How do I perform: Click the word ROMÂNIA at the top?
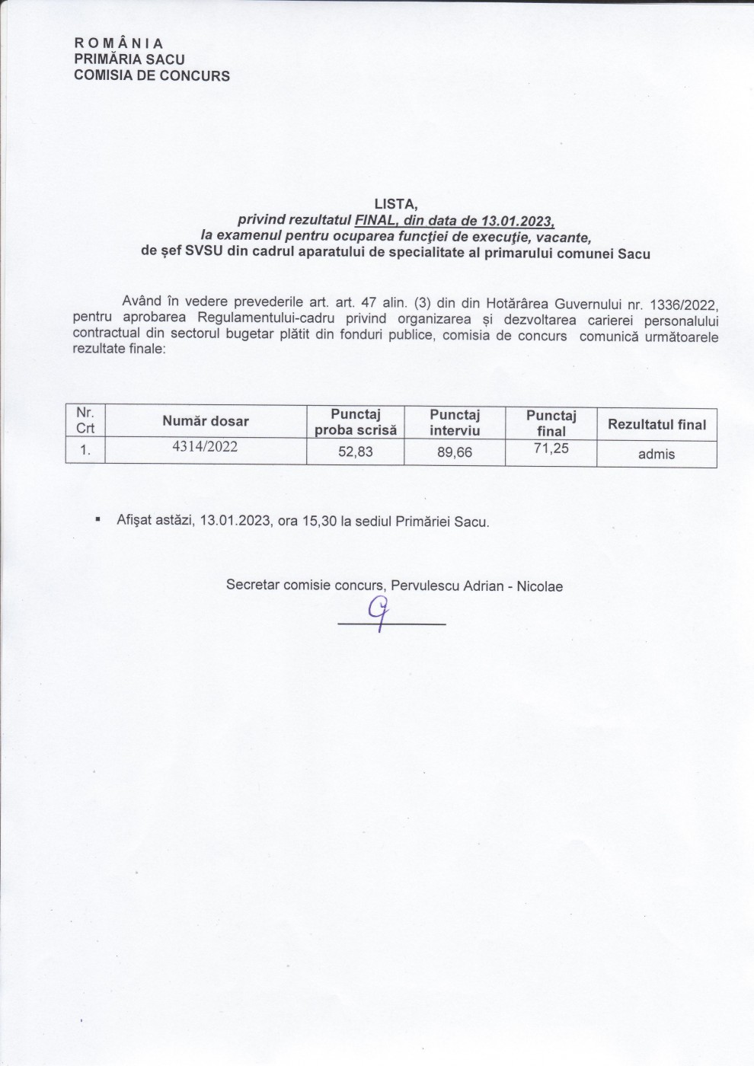pos(119,43)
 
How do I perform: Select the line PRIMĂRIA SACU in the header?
pos(129,59)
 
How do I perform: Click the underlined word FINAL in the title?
pos(372,220)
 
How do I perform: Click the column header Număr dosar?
pos(205,421)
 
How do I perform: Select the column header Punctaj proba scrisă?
pos(356,422)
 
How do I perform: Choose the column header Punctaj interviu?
pos(455,422)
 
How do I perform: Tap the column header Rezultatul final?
pos(657,425)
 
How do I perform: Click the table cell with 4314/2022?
pos(205,447)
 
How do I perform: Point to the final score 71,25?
pos(551,448)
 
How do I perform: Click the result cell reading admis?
pos(657,454)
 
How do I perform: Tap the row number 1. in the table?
pos(85,450)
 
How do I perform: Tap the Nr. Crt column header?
pos(85,420)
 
